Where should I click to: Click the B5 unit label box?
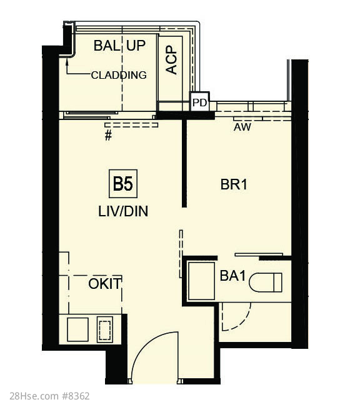point(123,184)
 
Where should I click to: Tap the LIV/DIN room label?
point(123,211)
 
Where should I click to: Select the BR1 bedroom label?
point(234,184)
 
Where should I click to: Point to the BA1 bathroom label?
point(232,276)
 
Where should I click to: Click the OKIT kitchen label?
point(105,284)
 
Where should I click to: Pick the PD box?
point(199,101)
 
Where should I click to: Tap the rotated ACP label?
point(171,60)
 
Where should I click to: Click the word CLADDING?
point(119,75)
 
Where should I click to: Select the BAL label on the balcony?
point(106,46)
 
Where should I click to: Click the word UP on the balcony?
point(136,46)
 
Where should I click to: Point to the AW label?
point(242,127)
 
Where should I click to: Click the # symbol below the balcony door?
point(108,136)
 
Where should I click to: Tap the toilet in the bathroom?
point(266,282)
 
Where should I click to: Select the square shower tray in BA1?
point(201,281)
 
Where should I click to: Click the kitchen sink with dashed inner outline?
point(105,329)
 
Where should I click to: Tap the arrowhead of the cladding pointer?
point(67,62)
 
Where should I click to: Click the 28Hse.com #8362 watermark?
point(50,396)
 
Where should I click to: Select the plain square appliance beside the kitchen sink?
point(78,329)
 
